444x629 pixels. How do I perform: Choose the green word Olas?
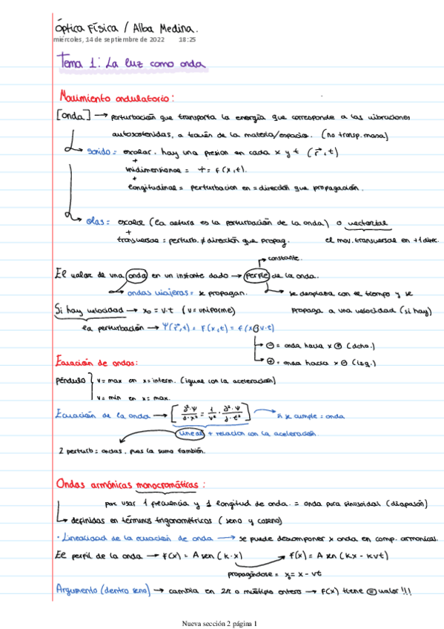tap(97, 220)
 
